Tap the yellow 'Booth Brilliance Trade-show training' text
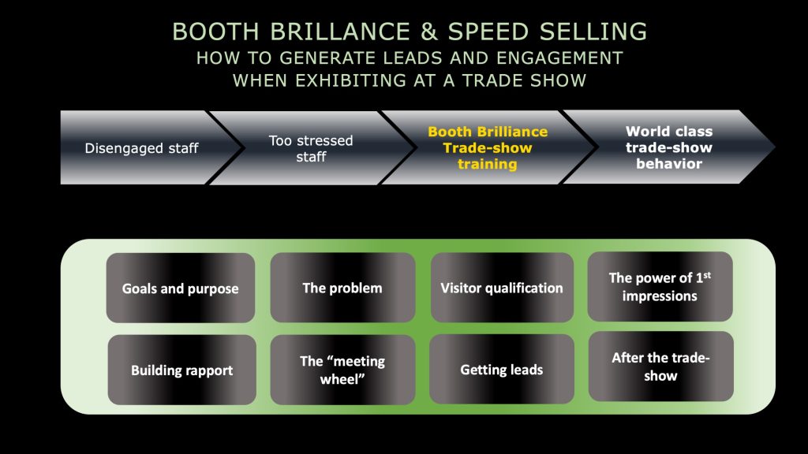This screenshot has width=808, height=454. tap(488, 147)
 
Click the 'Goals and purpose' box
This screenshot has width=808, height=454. tap(181, 288)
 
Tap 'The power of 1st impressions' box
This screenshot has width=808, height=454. tap(660, 286)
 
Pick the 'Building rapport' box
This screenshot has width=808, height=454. tap(182, 370)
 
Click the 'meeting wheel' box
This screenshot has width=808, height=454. tap(342, 370)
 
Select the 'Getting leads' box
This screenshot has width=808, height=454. tap(502, 369)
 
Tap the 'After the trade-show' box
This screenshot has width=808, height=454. tap(661, 366)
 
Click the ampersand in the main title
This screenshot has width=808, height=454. tap(428, 32)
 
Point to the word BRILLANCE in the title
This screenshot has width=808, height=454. tap(340, 32)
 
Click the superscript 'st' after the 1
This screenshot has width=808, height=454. tap(707, 275)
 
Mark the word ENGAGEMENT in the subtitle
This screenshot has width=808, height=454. tap(560, 58)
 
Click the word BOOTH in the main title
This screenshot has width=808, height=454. tap(215, 32)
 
